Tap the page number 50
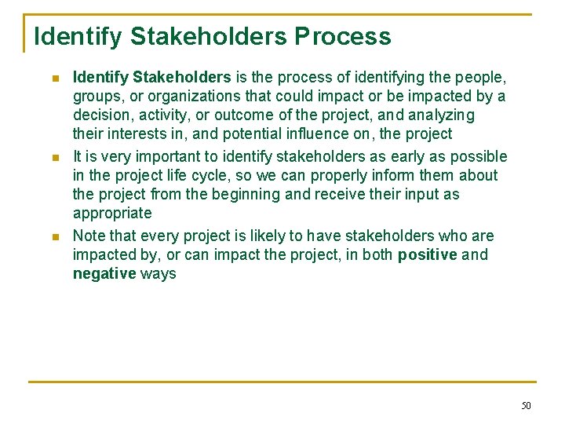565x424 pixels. point(525,405)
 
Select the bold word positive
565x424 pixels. point(428,254)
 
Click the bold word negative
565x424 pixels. point(104,273)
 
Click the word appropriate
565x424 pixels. point(112,214)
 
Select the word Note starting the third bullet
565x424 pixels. point(89,236)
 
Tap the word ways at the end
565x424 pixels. point(159,273)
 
